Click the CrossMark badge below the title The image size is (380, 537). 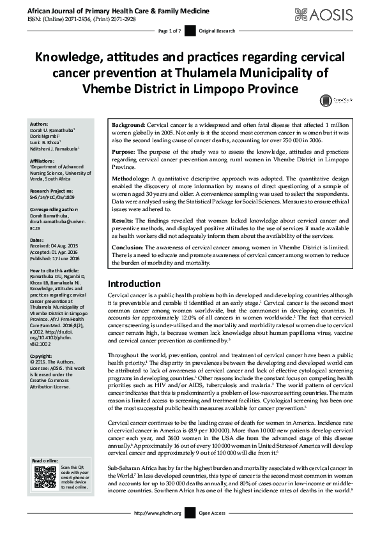[326, 99]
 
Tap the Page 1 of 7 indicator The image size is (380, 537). [169, 31]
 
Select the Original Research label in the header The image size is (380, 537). [218, 31]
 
